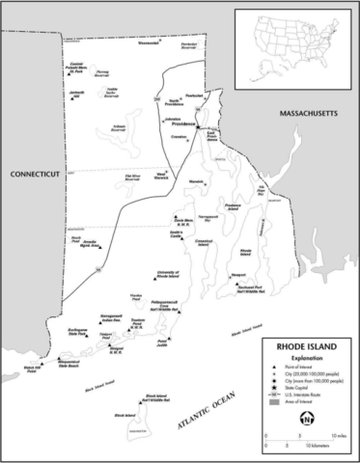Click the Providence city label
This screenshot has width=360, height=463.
click(x=183, y=124)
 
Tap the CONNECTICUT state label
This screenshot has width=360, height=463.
click(x=35, y=174)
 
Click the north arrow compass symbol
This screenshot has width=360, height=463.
click(x=307, y=420)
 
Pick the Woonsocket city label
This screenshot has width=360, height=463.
click(x=148, y=43)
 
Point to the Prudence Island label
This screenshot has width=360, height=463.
click(x=232, y=207)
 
